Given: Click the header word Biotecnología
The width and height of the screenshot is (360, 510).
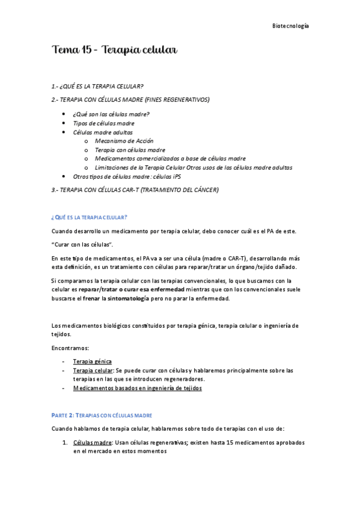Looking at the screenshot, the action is pos(290,26).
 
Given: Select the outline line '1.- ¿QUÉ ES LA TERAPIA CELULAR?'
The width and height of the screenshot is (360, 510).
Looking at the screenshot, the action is pos(97,86).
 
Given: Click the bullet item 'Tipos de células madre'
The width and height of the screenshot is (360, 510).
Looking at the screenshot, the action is pos(103,123).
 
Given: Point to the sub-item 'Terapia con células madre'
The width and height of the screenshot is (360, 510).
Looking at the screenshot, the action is pos(130,150).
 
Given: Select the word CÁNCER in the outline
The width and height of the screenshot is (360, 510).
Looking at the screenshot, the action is pos(203,190).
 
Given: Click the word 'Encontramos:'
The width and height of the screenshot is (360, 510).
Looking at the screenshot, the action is pos(70,348).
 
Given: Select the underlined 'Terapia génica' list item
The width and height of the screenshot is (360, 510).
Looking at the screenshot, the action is pos(92,361).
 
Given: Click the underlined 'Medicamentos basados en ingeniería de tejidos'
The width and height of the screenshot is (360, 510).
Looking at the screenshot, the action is pos(137,389).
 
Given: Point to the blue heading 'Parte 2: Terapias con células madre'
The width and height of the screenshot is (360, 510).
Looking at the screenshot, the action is pos(102,415).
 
